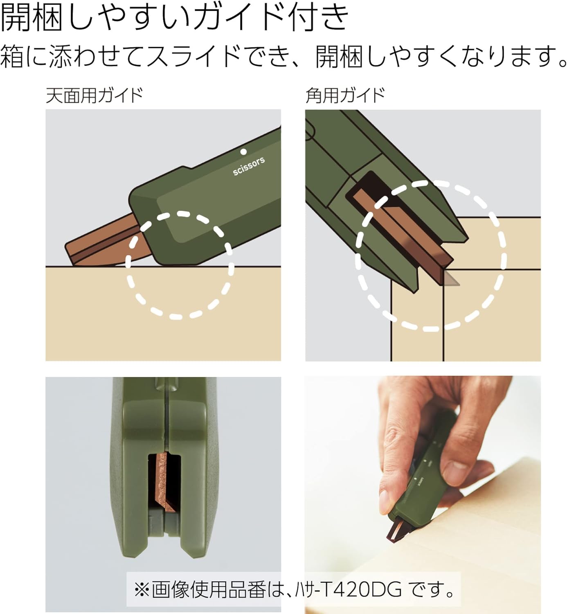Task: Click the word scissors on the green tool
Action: click(x=249, y=166)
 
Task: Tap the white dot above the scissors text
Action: click(x=243, y=151)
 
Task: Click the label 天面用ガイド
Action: click(x=94, y=95)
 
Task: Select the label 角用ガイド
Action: click(x=345, y=95)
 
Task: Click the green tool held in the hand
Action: click(x=421, y=483)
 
